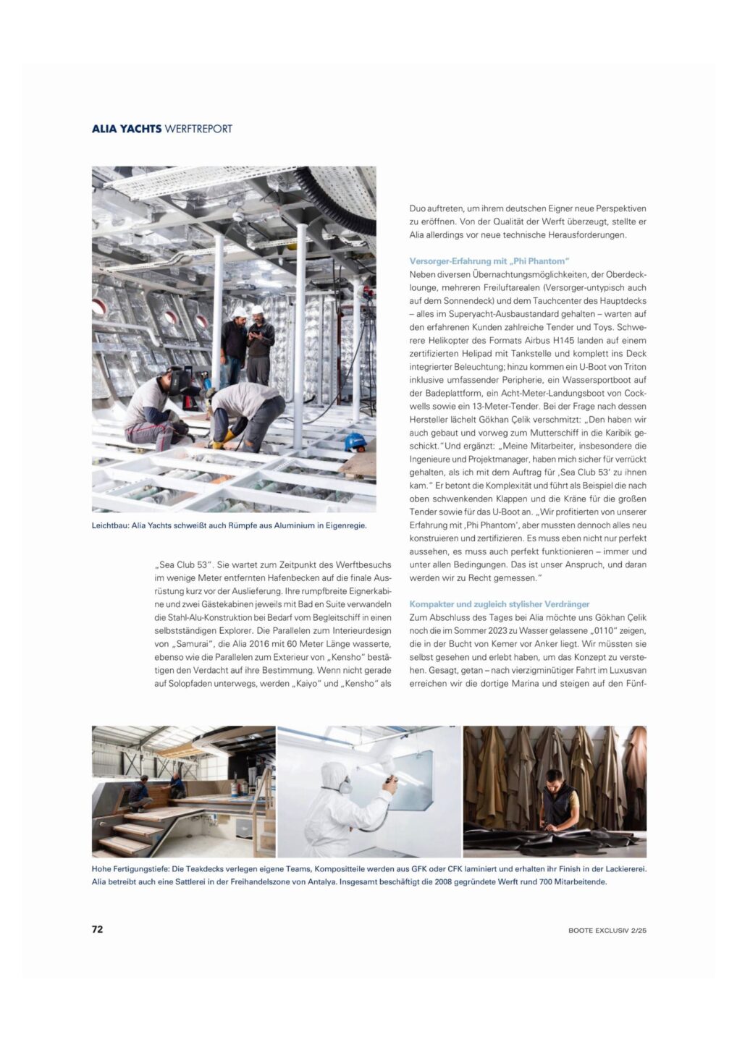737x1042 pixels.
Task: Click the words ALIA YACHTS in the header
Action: pos(126,129)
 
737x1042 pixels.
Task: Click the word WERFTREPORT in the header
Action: pos(198,129)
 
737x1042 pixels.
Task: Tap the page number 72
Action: pos(97,929)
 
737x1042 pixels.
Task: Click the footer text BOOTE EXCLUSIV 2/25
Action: pos(607,930)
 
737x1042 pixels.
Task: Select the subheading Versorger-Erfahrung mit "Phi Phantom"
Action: pos(489,261)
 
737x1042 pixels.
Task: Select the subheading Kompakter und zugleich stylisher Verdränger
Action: pos(499,604)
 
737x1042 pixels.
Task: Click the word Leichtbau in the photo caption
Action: pos(109,525)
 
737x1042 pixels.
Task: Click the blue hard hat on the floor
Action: pos(354,441)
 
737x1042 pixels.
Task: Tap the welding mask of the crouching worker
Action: pos(177,381)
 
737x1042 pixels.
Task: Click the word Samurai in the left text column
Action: pos(193,644)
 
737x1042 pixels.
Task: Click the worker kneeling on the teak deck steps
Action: pos(140,792)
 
